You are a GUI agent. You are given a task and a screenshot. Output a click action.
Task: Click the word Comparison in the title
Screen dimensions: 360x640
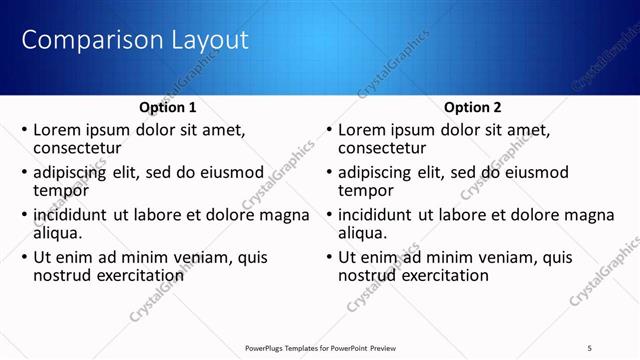[x=85, y=41]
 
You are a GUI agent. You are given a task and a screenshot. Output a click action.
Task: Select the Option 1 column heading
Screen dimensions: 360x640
[x=166, y=107]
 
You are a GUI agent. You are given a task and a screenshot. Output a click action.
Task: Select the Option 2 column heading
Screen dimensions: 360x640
[x=473, y=107]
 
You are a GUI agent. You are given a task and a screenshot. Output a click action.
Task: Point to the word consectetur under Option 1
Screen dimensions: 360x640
[x=78, y=147]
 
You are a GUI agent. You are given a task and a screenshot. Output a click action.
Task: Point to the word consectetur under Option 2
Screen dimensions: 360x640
[x=383, y=147]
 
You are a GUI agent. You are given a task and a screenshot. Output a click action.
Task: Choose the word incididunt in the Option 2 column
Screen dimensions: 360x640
[x=378, y=215]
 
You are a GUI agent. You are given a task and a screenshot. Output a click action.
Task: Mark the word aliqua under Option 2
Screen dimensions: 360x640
[x=363, y=233]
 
